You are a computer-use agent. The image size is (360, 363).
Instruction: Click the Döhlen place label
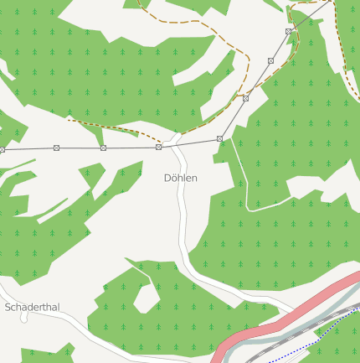click(x=180, y=179)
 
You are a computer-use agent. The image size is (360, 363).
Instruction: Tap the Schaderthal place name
click(x=33, y=308)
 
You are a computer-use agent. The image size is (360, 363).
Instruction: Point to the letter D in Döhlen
click(x=167, y=179)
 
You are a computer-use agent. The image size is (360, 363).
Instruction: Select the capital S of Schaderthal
click(x=8, y=308)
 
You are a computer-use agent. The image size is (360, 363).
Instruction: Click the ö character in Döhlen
click(x=174, y=179)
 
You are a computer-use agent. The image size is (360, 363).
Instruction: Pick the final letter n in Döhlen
click(x=194, y=179)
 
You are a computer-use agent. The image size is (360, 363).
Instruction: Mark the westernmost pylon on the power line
click(x=3, y=149)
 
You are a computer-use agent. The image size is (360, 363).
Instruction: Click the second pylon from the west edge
click(x=56, y=148)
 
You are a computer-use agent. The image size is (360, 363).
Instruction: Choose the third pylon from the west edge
click(x=103, y=148)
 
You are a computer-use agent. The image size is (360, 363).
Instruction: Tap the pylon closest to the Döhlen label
click(x=158, y=147)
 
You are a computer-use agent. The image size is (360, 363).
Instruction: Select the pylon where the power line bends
click(x=219, y=138)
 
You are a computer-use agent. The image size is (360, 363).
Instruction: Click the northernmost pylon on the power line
click(x=289, y=31)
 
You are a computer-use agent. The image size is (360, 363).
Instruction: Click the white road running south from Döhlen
click(x=182, y=226)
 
